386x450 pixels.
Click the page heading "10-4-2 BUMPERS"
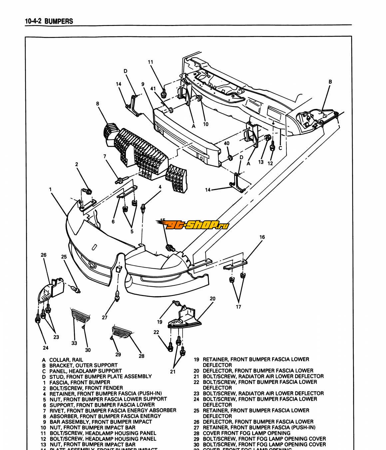pyautogui.click(x=49, y=21)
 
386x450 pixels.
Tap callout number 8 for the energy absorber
pyautogui.click(x=98, y=104)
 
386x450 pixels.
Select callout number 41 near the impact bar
pyautogui.click(x=153, y=89)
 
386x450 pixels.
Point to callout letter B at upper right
pyautogui.click(x=330, y=82)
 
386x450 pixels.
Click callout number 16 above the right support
pyautogui.click(x=262, y=237)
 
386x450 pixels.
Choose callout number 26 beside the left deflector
pyautogui.click(x=44, y=255)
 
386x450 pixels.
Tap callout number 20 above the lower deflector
pyautogui.click(x=212, y=299)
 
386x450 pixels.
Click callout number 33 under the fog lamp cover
pyautogui.click(x=74, y=343)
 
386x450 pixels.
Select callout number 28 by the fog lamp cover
pyautogui.click(x=142, y=356)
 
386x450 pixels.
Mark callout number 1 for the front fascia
pyautogui.click(x=50, y=189)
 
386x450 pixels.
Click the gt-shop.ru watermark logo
pyautogui.click(x=193, y=226)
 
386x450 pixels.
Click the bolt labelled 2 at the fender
pyautogui.click(x=89, y=192)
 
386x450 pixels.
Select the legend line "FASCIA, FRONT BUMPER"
pyautogui.click(x=80, y=382)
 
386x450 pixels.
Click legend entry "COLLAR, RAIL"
pyautogui.click(x=66, y=360)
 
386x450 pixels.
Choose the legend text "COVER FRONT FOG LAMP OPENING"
pyautogui.click(x=246, y=433)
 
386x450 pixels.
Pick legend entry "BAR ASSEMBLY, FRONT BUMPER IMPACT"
pyautogui.click(x=101, y=422)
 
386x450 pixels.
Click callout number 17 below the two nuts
pyautogui.click(x=238, y=307)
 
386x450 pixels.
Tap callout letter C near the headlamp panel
pyautogui.click(x=280, y=148)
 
